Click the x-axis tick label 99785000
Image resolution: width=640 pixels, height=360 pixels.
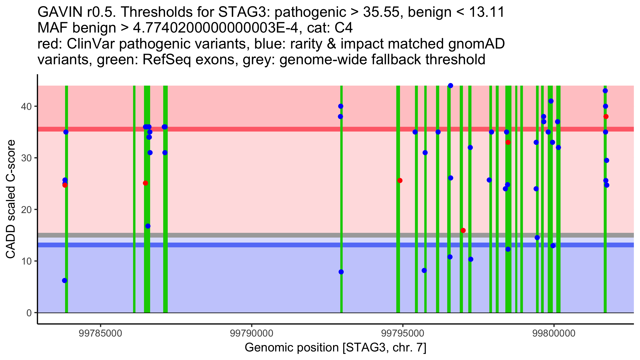point(101,333)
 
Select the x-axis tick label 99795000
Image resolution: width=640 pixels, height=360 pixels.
point(403,333)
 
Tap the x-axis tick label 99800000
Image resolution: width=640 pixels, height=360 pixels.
point(554,333)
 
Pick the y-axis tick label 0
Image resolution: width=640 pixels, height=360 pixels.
point(29,313)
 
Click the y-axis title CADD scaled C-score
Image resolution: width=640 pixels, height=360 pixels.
point(11,199)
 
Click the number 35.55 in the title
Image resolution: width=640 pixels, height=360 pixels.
point(380,12)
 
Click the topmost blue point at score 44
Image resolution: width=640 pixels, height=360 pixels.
point(450,86)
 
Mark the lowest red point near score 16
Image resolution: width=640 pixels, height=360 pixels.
point(463,230)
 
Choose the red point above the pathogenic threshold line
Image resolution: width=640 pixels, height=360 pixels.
point(606,117)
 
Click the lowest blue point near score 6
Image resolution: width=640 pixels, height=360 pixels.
point(65,281)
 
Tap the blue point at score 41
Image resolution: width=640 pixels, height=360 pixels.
point(551,101)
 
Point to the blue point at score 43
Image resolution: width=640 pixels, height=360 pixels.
point(605,91)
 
